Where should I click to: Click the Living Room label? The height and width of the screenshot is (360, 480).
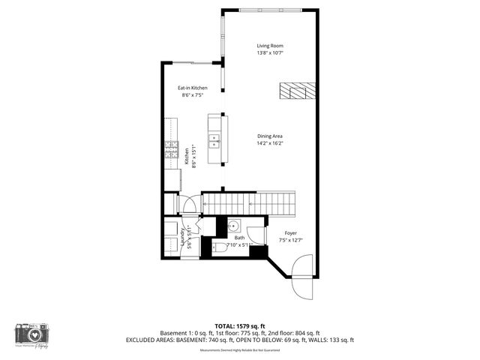coord(270,45)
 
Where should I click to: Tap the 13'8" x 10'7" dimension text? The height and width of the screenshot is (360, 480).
coord(270,53)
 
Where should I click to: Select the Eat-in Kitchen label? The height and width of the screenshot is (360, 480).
coord(192,88)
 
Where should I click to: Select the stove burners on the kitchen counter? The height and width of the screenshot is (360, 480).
coord(172,149)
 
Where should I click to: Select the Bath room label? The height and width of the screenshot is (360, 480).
coord(239,237)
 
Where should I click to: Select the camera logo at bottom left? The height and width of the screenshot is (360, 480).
coord(31,334)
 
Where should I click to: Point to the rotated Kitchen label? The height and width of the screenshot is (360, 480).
coord(187,156)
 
